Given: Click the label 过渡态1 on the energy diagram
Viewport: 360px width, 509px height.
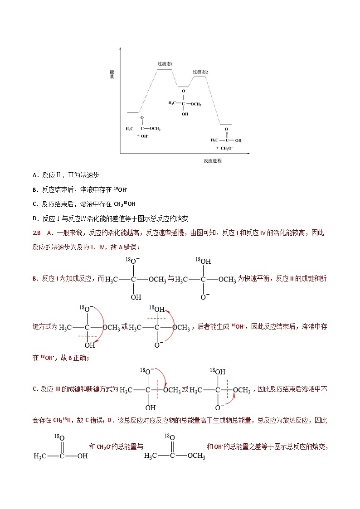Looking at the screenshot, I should point(165,64).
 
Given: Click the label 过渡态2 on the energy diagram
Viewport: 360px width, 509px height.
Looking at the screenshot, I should point(200,72).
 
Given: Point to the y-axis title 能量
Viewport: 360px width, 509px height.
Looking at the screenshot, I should point(112,74).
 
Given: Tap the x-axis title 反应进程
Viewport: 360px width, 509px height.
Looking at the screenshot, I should point(213,160).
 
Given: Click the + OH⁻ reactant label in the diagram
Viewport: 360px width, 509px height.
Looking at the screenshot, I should point(142,136).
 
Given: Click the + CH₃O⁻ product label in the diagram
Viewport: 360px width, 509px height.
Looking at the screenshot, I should point(224,148).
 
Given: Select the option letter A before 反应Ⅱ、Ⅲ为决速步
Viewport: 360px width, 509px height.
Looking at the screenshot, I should point(35,175).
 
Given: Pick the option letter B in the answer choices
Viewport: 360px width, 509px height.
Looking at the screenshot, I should point(35,190).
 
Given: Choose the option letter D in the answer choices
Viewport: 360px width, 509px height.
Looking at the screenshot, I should point(35,219).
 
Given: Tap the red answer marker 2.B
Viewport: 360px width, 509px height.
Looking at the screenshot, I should point(37,233).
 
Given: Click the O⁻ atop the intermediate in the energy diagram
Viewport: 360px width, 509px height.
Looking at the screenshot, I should point(184,92).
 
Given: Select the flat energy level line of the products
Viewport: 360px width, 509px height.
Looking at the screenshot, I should point(226,124).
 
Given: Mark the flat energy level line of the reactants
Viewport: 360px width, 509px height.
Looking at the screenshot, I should point(133,111).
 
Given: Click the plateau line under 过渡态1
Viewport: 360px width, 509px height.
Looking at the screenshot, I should point(165,69).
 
